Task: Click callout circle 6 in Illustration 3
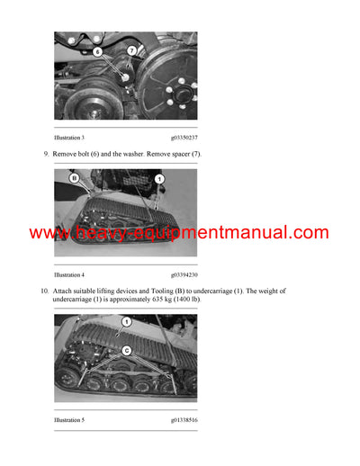point(98,52)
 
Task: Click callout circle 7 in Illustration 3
point(131,50)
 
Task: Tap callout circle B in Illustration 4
point(76,179)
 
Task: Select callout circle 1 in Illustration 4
point(158,180)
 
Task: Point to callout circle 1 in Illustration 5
point(127,321)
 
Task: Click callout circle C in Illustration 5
point(127,350)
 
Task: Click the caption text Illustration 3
point(69,138)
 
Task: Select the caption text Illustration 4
point(69,274)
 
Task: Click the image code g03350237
point(184,138)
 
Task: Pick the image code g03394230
point(184,274)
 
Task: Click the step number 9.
point(46,155)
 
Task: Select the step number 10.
point(44,291)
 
